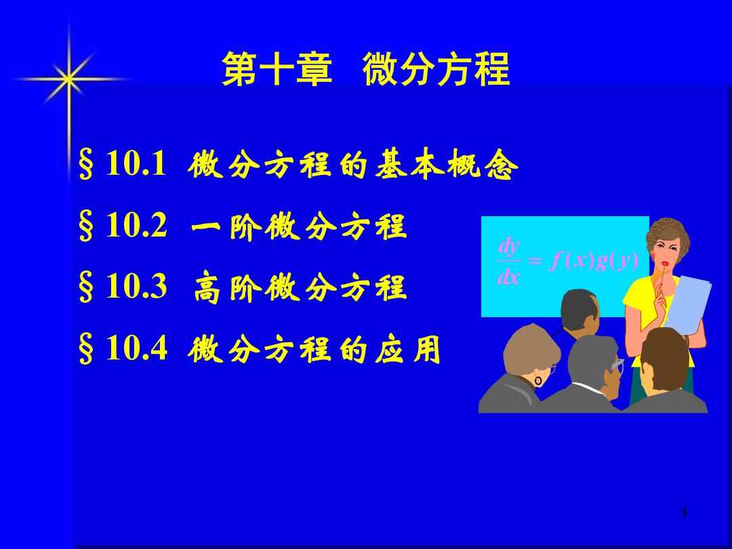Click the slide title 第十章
click(x=277, y=68)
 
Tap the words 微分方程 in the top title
click(x=436, y=68)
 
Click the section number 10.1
click(x=136, y=163)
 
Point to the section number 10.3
click(x=136, y=286)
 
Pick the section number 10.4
click(x=137, y=348)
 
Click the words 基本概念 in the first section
click(x=446, y=164)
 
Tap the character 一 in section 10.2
click(x=207, y=227)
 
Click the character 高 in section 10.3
click(x=207, y=288)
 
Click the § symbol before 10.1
click(x=86, y=164)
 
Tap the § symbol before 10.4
click(x=86, y=349)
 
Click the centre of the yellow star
click(x=69, y=79)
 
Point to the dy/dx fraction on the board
click(x=509, y=262)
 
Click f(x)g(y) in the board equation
click(x=594, y=260)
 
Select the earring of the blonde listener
click(x=538, y=380)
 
